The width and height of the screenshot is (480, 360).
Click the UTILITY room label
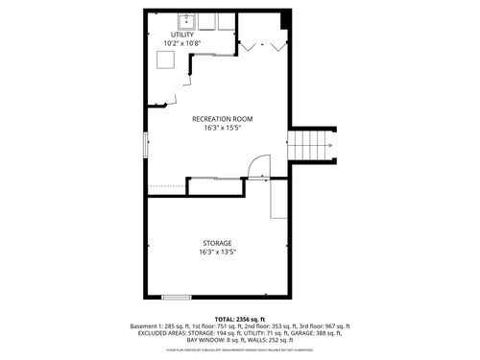pos(182,35)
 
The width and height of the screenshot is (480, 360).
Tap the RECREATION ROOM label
pos(216,118)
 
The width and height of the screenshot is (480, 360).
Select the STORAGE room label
pos(216,243)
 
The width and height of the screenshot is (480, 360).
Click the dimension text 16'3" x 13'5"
pos(216,252)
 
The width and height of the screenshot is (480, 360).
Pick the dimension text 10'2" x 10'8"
pos(182,43)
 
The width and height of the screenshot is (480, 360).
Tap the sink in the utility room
pos(184,20)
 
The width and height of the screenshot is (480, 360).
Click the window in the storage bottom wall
pos(176,297)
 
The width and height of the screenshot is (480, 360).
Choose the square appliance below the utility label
pos(166,60)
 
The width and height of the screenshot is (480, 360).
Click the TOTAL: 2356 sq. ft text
pos(239,319)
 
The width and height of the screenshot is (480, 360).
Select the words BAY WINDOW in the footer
pos(204,340)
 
